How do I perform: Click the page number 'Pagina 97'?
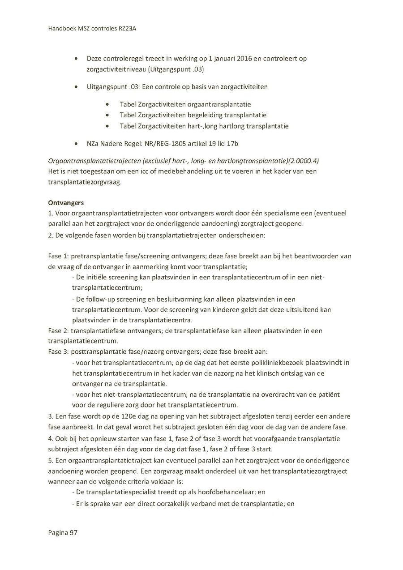click(63, 532)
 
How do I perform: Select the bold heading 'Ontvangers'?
click(66, 202)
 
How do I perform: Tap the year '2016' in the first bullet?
click(253, 59)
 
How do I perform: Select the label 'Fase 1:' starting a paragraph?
click(59, 256)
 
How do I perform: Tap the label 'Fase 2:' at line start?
click(59, 331)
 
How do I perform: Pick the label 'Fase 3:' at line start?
click(59, 351)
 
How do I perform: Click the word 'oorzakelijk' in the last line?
click(190, 503)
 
